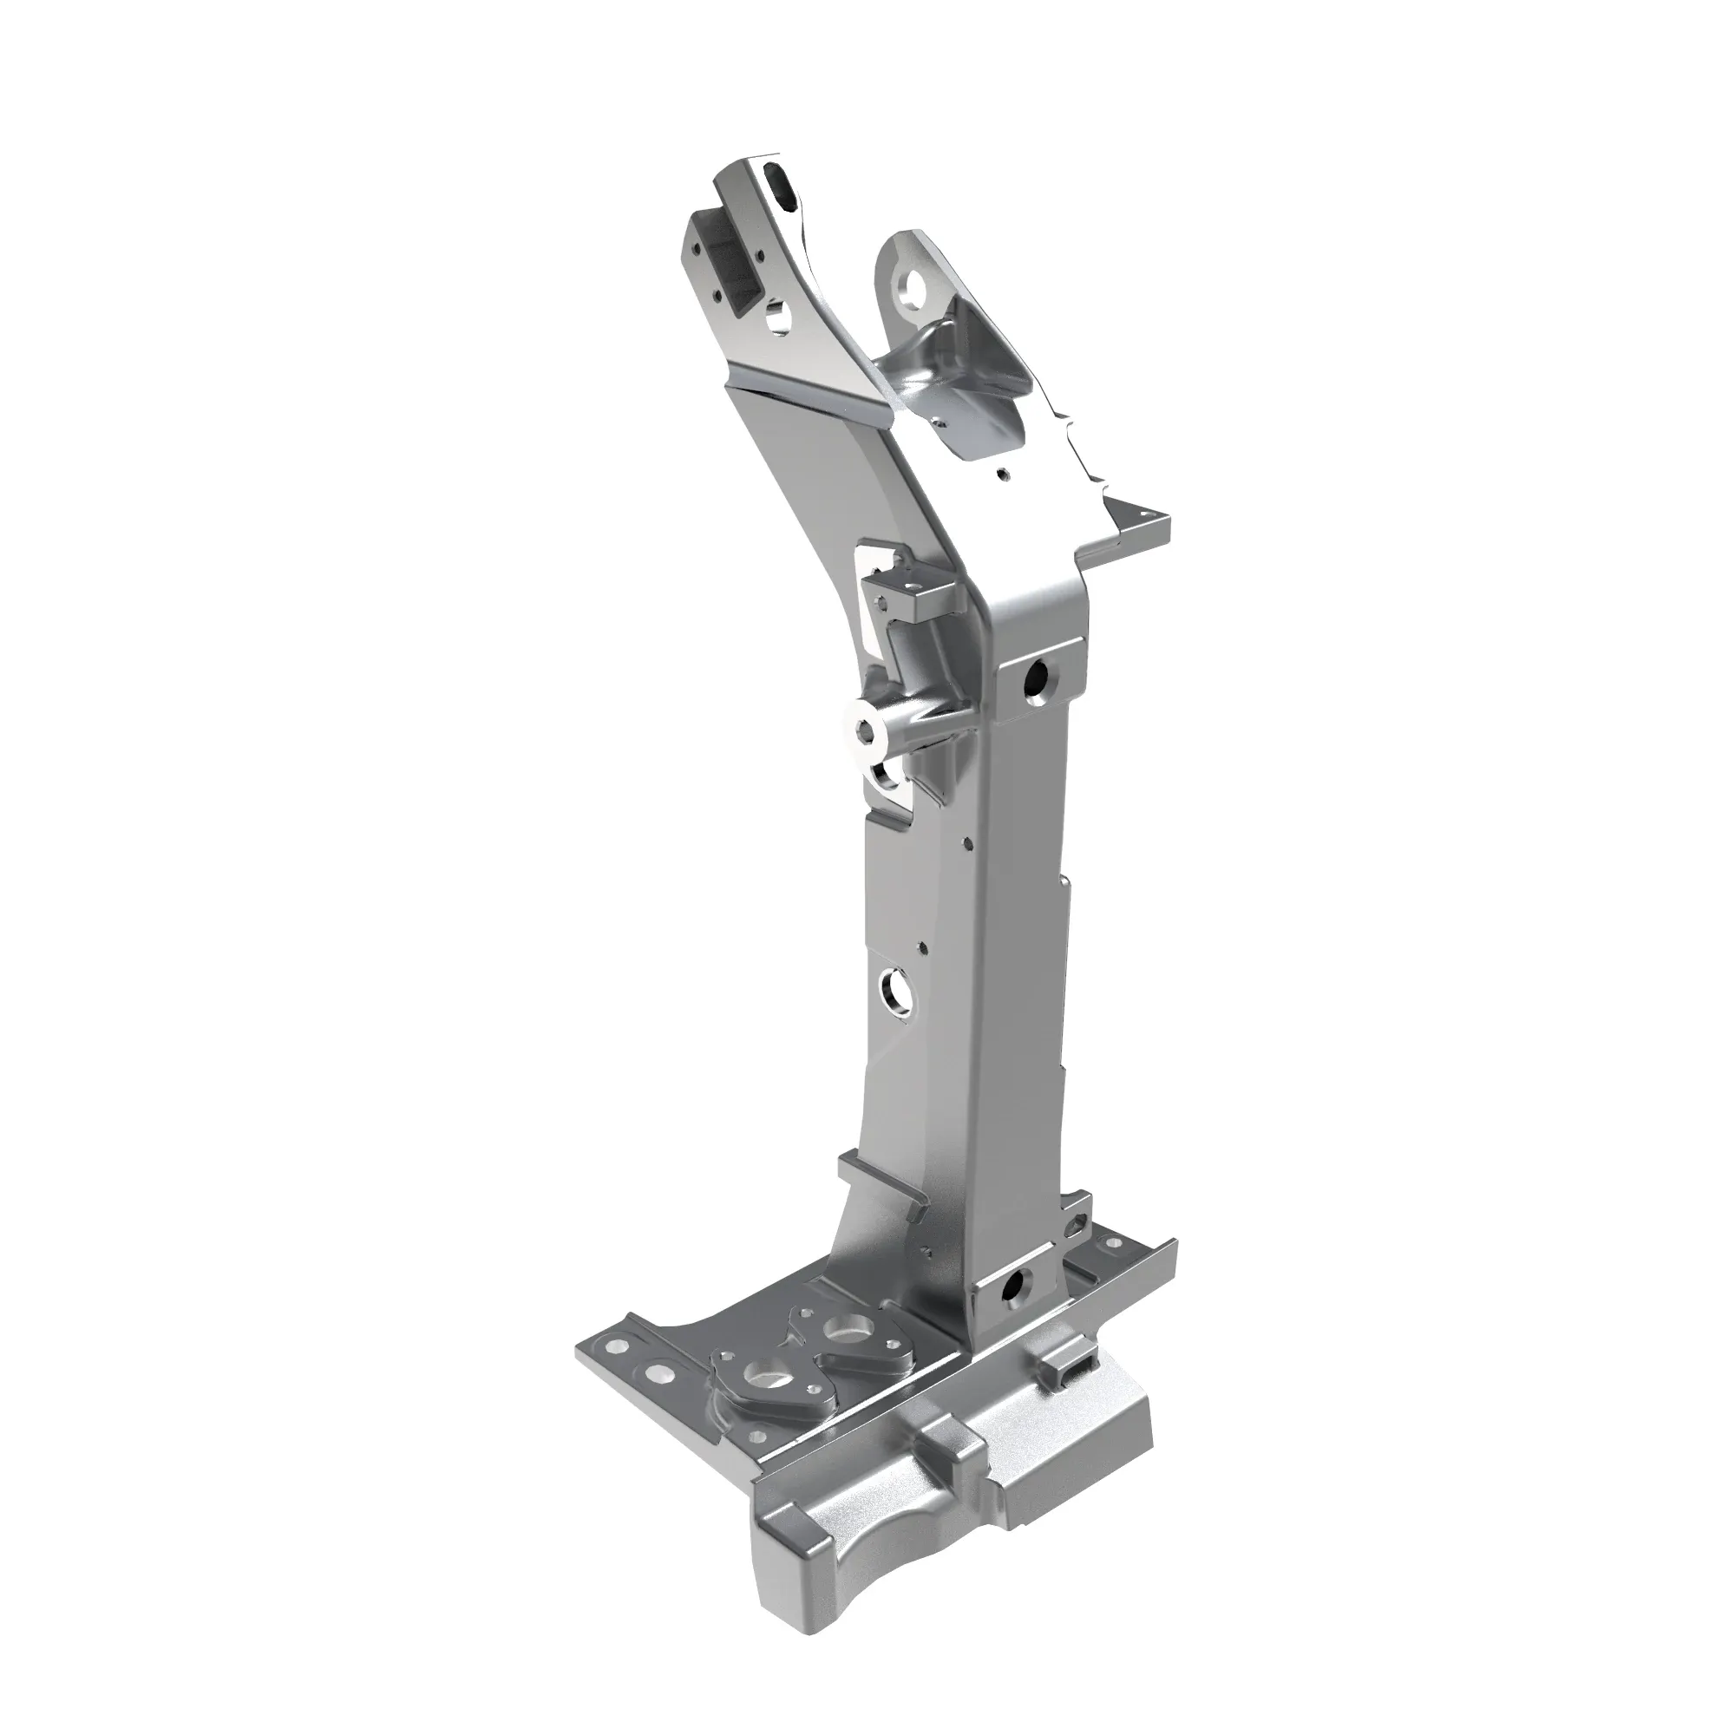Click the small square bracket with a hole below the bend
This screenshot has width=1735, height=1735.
pos(914,587)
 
